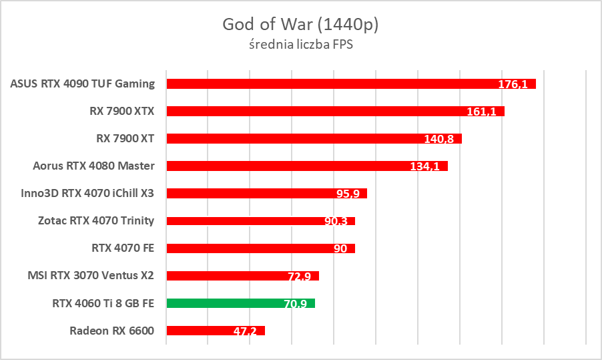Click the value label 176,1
(x=513, y=84)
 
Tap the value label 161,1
(x=481, y=112)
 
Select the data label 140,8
(x=438, y=139)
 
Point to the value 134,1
(x=424, y=166)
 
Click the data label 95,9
(x=348, y=194)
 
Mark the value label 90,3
(x=336, y=221)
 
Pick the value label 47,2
(x=246, y=331)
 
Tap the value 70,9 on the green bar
(x=295, y=304)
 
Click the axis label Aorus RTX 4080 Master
(x=93, y=166)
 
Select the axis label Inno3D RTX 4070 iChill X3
(x=88, y=193)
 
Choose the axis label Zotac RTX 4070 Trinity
(x=96, y=220)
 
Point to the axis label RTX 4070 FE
(x=123, y=248)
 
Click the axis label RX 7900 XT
(x=125, y=138)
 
